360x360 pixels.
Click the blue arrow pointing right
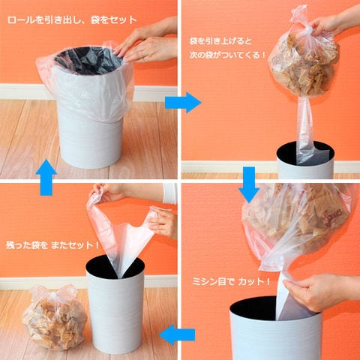pyautogui.click(x=183, y=103)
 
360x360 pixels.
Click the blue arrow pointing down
pyautogui.click(x=249, y=184)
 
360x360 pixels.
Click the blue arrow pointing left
pyautogui.click(x=177, y=334)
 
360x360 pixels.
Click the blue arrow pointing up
pyautogui.click(x=46, y=177)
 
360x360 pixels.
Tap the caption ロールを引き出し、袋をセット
pyautogui.click(x=72, y=20)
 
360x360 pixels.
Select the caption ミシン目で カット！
pyautogui.click(x=231, y=282)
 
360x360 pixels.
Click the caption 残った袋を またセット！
pyautogui.click(x=52, y=245)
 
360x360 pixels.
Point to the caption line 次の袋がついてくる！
pyautogui.click(x=227, y=55)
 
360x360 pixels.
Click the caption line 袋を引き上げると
pyautogui.click(x=220, y=40)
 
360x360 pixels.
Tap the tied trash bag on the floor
pyautogui.click(x=54, y=317)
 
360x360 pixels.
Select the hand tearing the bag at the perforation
pyautogui.click(x=322, y=292)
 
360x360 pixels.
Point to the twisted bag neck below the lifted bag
pyautogui.click(x=303, y=125)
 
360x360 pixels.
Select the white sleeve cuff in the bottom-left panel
pyautogui.click(x=170, y=193)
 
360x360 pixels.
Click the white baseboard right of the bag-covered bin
pyautogui.click(x=155, y=93)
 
